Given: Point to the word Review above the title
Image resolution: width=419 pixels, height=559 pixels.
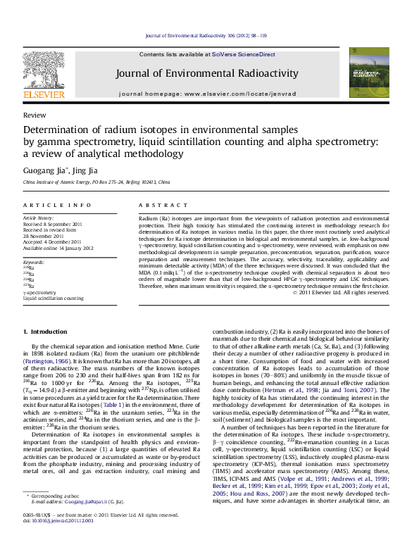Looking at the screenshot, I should coord(35,114).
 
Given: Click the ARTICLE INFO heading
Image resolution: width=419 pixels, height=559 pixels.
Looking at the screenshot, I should coord(57,205).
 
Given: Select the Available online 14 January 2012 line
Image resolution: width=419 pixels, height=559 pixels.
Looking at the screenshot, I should coord(58,248).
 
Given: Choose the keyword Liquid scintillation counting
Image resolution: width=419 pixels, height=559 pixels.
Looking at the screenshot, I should coord(53,298).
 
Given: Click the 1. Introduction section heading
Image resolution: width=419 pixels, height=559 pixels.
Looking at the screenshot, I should coord(45,331).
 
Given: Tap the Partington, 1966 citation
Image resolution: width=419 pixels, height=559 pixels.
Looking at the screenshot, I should coord(46,358).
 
